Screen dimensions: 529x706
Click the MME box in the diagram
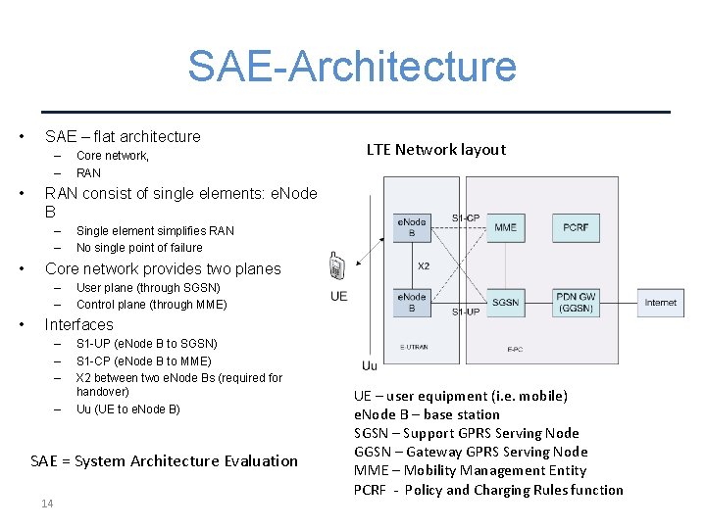(x=506, y=227)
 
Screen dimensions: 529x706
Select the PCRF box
(x=576, y=227)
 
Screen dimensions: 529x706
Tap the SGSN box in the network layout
(x=506, y=302)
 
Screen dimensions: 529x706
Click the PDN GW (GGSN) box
(x=576, y=302)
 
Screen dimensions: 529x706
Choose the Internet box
(x=660, y=303)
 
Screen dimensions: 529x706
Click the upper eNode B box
(x=412, y=227)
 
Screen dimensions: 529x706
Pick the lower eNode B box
(x=412, y=302)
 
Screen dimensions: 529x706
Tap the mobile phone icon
(x=336, y=266)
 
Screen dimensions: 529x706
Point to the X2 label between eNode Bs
(x=424, y=265)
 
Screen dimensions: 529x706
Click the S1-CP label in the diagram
(x=466, y=217)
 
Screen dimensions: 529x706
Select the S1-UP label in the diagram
(x=466, y=312)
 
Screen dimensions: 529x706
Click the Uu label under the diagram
(x=369, y=365)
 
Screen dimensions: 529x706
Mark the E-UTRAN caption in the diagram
(x=414, y=347)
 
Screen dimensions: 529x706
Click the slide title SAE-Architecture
(x=352, y=67)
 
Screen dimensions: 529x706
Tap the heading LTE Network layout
(x=435, y=150)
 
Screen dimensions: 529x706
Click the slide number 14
(x=47, y=504)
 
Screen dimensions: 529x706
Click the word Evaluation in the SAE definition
(x=258, y=460)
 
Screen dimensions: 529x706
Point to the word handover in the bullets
(x=103, y=391)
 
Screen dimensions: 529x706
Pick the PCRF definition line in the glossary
(x=488, y=490)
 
